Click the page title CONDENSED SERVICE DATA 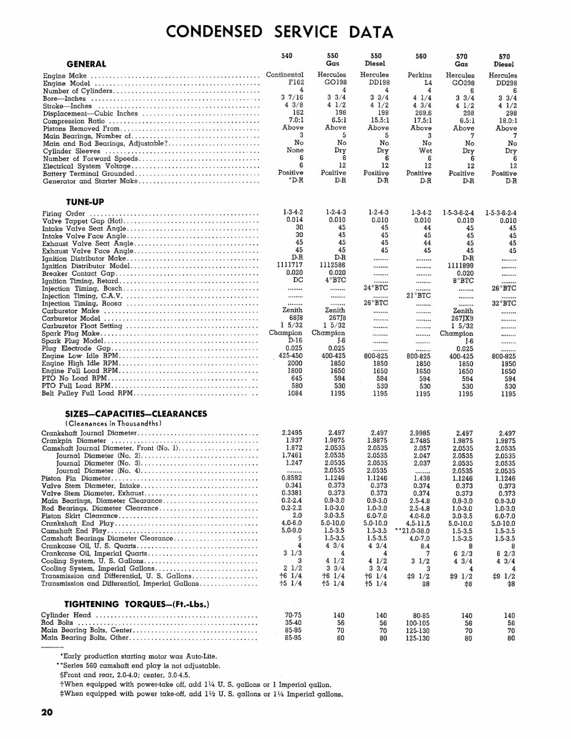click(x=280, y=31)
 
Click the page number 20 click(x=48, y=713)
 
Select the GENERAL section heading click(x=85, y=64)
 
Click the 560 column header click(x=420, y=56)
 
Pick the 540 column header click(x=286, y=56)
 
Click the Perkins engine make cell click(x=420, y=75)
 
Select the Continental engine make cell click(x=285, y=75)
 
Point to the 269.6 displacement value click(x=420, y=113)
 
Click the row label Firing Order click(x=64, y=214)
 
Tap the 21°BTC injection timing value click(x=419, y=296)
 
